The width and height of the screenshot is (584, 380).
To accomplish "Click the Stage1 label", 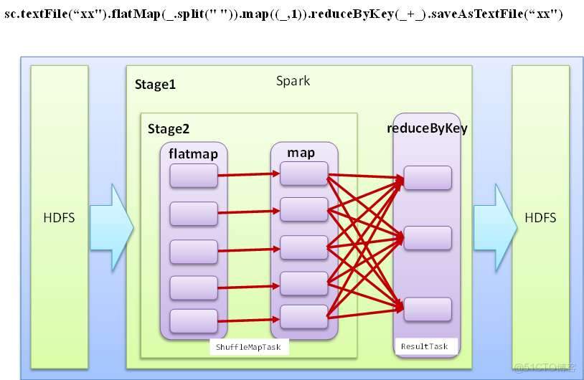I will pos(155,85).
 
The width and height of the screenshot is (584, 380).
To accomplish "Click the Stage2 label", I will pos(169,129).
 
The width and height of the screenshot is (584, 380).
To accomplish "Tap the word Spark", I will pos(293,80).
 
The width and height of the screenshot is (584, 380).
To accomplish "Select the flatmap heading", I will pos(193,153).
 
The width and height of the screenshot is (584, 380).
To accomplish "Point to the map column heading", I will pos(301,153).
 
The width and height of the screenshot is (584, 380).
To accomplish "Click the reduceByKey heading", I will pos(427,128).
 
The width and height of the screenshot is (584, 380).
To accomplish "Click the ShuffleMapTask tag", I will pos(249,348).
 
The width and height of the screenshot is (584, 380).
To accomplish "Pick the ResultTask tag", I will pos(424,346).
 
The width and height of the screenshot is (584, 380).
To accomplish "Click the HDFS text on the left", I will pos(59,218).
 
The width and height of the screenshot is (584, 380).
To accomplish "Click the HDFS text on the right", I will pos(540,218).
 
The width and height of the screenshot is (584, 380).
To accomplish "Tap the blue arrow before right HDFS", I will pos(495,218).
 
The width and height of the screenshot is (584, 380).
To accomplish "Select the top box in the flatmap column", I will pos(193,176).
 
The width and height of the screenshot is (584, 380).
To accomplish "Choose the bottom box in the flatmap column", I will pos(193,320).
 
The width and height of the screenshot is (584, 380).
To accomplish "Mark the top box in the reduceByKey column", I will pos(427,178).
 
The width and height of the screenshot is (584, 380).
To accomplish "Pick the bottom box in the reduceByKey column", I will pos(427,309).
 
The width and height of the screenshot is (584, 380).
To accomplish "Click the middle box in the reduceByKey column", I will pos(427,237).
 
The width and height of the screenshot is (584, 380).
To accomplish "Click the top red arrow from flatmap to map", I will pos(248,174).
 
